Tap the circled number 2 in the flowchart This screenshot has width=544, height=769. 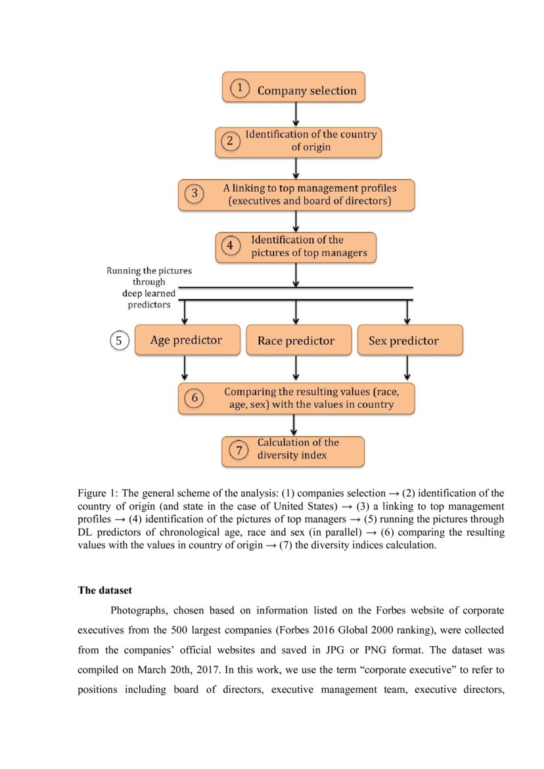[230, 141]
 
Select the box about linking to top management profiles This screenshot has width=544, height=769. [296, 194]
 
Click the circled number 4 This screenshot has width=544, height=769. [230, 247]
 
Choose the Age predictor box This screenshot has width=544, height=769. [187, 340]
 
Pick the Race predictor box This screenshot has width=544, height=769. [296, 340]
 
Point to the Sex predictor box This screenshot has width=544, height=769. [409, 340]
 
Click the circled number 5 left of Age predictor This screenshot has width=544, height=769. [118, 340]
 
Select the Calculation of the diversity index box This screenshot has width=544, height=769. [292, 450]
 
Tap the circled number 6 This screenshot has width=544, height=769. [193, 398]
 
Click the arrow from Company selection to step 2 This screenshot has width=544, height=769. [296, 114]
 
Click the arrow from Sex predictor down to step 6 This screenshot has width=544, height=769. [407, 368]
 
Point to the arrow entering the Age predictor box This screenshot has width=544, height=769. [186, 312]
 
